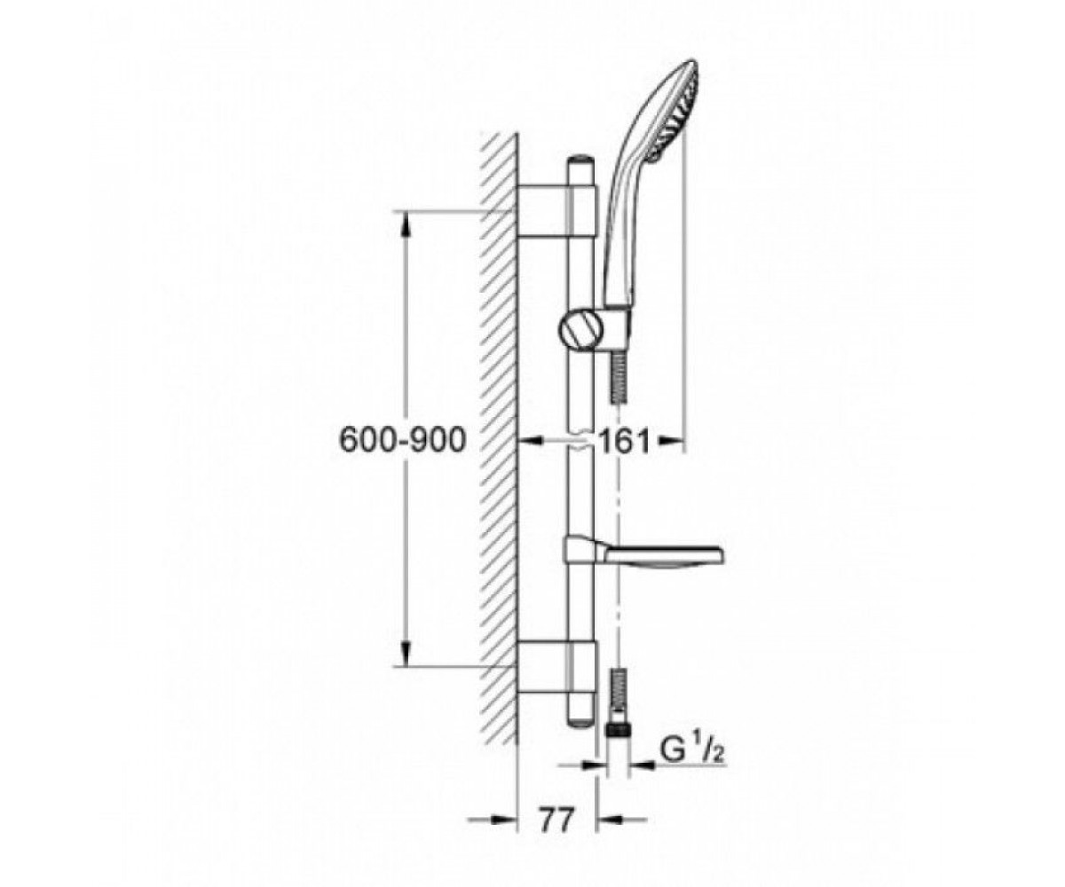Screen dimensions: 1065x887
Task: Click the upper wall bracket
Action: (x=556, y=211)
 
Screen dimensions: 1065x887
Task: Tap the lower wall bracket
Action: (x=556, y=667)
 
